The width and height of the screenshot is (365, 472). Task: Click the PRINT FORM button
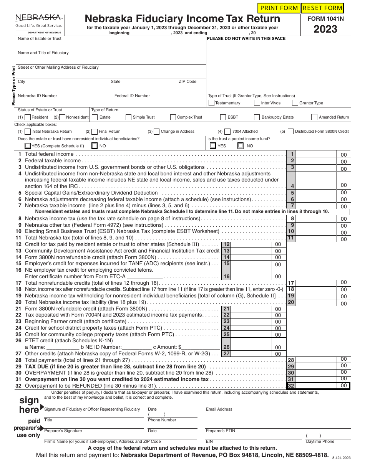tap(279, 8)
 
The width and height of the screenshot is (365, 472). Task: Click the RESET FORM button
tap(322, 8)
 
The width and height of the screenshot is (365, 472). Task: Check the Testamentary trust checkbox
tap(211, 103)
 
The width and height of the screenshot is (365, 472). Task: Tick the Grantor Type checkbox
tap(295, 103)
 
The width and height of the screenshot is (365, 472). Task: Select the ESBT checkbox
tap(223, 117)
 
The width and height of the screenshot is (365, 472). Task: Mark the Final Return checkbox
tap(95, 131)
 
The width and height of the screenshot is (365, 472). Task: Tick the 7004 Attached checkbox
tap(228, 131)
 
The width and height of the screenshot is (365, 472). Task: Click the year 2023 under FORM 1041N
tap(325, 29)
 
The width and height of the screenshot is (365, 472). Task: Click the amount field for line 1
tap(316, 154)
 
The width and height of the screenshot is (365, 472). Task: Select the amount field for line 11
tap(316, 238)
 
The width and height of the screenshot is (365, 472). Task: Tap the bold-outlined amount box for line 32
tap(316, 386)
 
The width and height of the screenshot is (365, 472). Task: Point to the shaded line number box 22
tap(226, 315)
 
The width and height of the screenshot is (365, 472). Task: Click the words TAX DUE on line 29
tap(37, 366)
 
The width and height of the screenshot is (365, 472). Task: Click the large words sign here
tap(29, 405)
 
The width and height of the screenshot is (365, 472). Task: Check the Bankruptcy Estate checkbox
tap(257, 117)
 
